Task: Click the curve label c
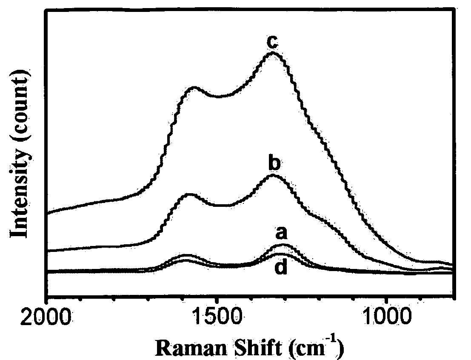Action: click(x=272, y=42)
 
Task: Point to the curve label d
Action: click(x=281, y=267)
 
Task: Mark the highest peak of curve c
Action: click(x=273, y=53)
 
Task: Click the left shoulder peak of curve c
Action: click(x=194, y=87)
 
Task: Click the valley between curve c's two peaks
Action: click(x=218, y=97)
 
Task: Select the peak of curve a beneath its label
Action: click(x=283, y=245)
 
